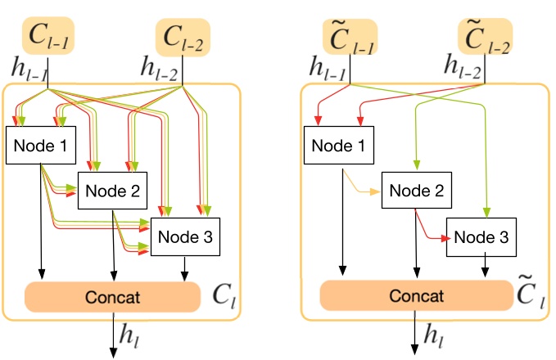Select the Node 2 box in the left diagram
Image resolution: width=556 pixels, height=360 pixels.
(x=111, y=191)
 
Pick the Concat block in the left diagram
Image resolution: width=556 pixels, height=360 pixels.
(x=112, y=296)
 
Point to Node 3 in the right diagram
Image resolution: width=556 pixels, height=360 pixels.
(x=481, y=236)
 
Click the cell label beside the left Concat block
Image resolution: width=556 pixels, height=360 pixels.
(x=222, y=293)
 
